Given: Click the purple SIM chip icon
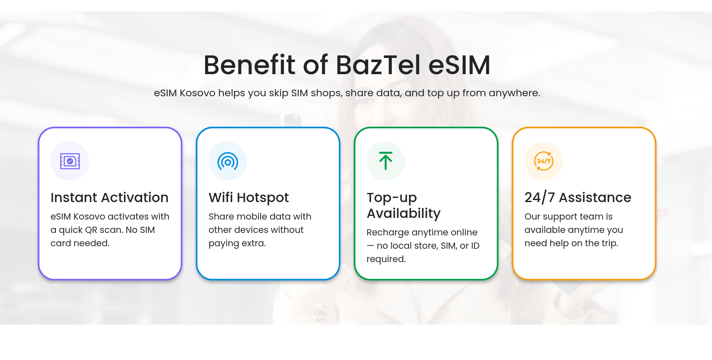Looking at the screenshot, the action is tap(70, 161).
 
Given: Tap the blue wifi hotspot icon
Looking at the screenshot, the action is tap(228, 161).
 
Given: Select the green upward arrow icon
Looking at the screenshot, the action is tap(386, 161).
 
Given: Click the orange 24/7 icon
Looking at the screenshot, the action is tap(544, 161).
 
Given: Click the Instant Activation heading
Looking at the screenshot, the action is tap(109, 197).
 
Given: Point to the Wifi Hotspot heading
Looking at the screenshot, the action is tap(248, 197).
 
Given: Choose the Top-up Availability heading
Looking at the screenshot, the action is tap(404, 205).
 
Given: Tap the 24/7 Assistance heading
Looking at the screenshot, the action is tap(577, 197).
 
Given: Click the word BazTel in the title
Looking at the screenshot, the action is tap(378, 65).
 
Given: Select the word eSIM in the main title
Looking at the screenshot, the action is tap(459, 65).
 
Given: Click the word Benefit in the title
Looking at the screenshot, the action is tap(249, 65).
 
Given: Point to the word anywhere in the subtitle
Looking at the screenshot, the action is tap(514, 93).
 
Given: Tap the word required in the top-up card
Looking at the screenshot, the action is tap(386, 259).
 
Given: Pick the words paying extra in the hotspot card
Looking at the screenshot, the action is tap(237, 243).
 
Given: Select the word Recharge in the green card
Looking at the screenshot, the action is tap(388, 232).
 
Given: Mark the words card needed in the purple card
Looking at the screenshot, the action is tap(80, 243).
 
